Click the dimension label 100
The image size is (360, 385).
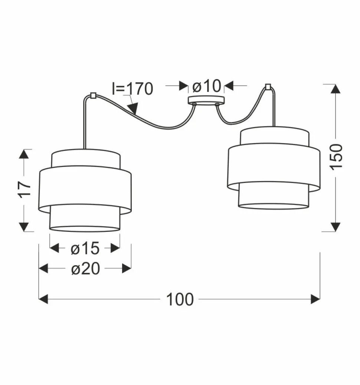(x=180, y=299)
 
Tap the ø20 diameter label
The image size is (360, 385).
(x=85, y=269)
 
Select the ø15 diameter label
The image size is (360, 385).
(x=85, y=248)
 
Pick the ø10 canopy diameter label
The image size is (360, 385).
(x=207, y=86)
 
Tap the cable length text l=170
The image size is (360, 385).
(x=132, y=88)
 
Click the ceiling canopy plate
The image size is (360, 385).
(x=206, y=100)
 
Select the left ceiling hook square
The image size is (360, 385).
(x=93, y=95)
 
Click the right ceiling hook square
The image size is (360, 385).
(x=268, y=86)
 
